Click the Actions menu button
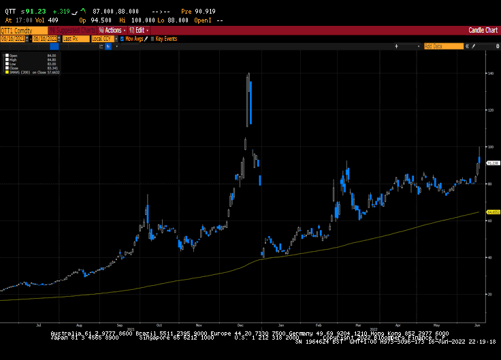[112, 30]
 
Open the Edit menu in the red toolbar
[140, 30]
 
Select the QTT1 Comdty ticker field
[18, 30]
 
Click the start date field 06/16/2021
[12, 39]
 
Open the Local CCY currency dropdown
[101, 39]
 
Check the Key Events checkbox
[153, 39]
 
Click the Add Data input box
[442, 46]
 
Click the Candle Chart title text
[483, 30]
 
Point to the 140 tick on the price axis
[489, 73]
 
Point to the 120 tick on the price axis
[489, 110]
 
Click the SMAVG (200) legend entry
[20, 71]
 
